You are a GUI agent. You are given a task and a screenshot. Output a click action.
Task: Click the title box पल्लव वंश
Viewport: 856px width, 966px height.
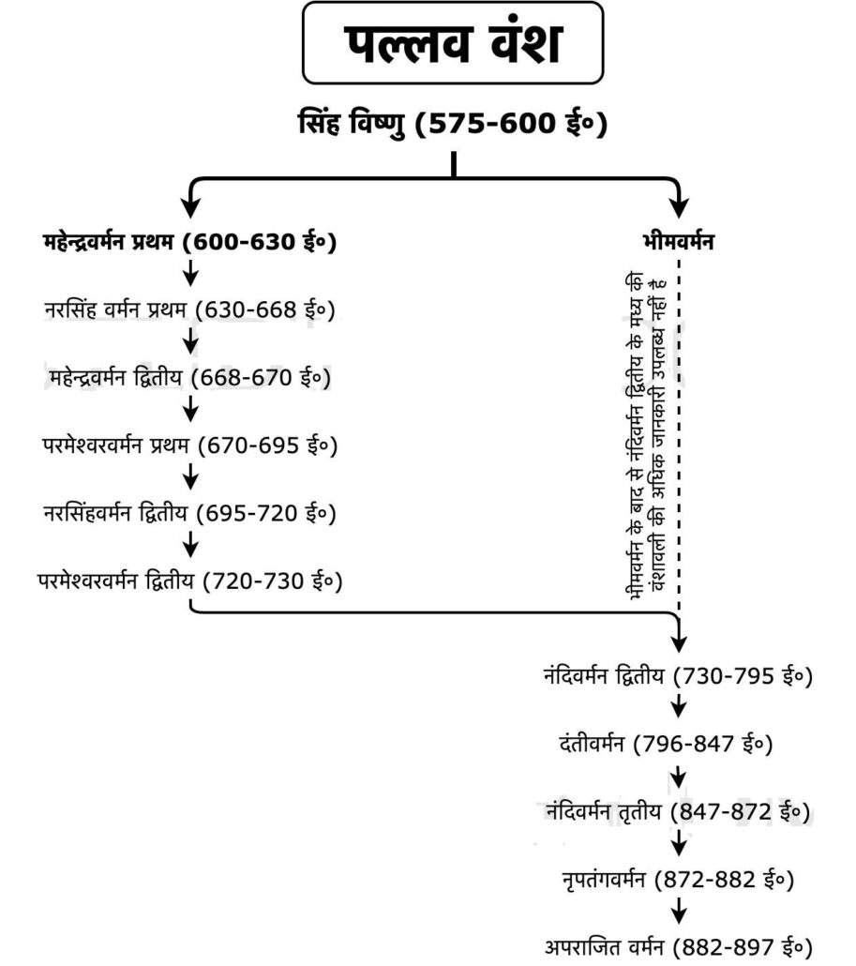tap(453, 42)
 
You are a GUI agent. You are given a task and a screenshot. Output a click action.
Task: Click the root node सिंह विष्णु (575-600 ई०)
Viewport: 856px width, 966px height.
tap(453, 123)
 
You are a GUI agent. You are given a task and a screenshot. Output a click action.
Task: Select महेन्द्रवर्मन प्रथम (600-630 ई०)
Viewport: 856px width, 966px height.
tap(189, 241)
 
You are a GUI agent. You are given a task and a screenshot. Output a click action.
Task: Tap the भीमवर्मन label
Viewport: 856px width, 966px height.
tap(678, 241)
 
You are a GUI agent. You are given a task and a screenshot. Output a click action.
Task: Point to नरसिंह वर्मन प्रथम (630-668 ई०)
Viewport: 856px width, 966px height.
tap(189, 309)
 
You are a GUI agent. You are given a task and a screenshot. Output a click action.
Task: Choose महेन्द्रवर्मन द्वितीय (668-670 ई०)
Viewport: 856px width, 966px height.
tap(189, 377)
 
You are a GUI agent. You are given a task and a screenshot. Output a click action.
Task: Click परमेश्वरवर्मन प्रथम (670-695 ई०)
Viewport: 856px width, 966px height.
tap(189, 445)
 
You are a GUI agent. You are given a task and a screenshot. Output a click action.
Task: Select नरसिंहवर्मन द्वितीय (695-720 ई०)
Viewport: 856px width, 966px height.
tap(189, 513)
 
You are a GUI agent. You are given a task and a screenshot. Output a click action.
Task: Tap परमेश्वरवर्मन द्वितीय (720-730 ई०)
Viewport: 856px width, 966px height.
tap(189, 581)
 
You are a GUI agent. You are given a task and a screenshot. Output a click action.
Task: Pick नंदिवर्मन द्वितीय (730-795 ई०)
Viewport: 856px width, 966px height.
tap(678, 676)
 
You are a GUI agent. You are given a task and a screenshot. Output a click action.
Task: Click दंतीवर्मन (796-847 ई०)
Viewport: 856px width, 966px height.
tap(666, 744)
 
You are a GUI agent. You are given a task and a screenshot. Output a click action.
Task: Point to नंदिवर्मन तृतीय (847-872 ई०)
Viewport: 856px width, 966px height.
tap(678, 811)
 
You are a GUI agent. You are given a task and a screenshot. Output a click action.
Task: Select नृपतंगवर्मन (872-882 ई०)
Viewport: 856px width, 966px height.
tap(678, 879)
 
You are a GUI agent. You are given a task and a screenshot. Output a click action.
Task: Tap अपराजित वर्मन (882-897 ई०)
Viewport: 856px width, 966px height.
tap(678, 947)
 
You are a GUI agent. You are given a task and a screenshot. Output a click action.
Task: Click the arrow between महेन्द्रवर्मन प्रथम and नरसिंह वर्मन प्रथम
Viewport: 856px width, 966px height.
tap(191, 273)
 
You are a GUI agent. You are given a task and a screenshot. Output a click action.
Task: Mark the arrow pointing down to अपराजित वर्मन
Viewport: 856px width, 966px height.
tap(679, 911)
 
